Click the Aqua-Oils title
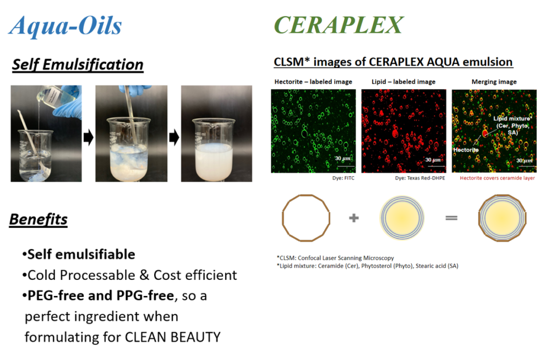(x=65, y=26)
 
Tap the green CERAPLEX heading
(x=338, y=25)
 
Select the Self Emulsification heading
(x=77, y=65)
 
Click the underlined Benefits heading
(x=38, y=220)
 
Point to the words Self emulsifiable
(x=81, y=254)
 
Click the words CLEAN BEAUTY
(x=172, y=337)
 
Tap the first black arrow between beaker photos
(x=89, y=137)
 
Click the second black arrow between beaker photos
(x=174, y=137)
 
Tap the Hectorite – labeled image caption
(x=313, y=82)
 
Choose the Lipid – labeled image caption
(x=403, y=82)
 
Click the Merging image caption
(x=494, y=82)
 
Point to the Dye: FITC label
(x=343, y=178)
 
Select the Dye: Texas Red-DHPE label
(x=420, y=178)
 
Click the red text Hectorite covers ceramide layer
(x=497, y=178)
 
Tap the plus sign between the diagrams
(x=354, y=218)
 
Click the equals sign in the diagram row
(x=451, y=218)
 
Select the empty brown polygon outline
(x=283, y=218)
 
